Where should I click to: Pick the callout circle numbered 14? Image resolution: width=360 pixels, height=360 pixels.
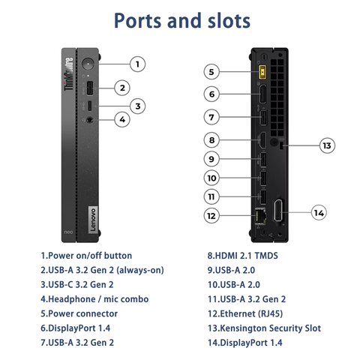319,213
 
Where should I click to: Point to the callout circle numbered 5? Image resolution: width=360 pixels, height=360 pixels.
212,72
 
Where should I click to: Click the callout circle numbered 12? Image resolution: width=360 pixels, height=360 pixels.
212,215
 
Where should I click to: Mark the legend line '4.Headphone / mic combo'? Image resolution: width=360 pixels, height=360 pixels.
94,298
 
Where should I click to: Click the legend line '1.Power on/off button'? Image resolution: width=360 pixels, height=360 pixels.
86,255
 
